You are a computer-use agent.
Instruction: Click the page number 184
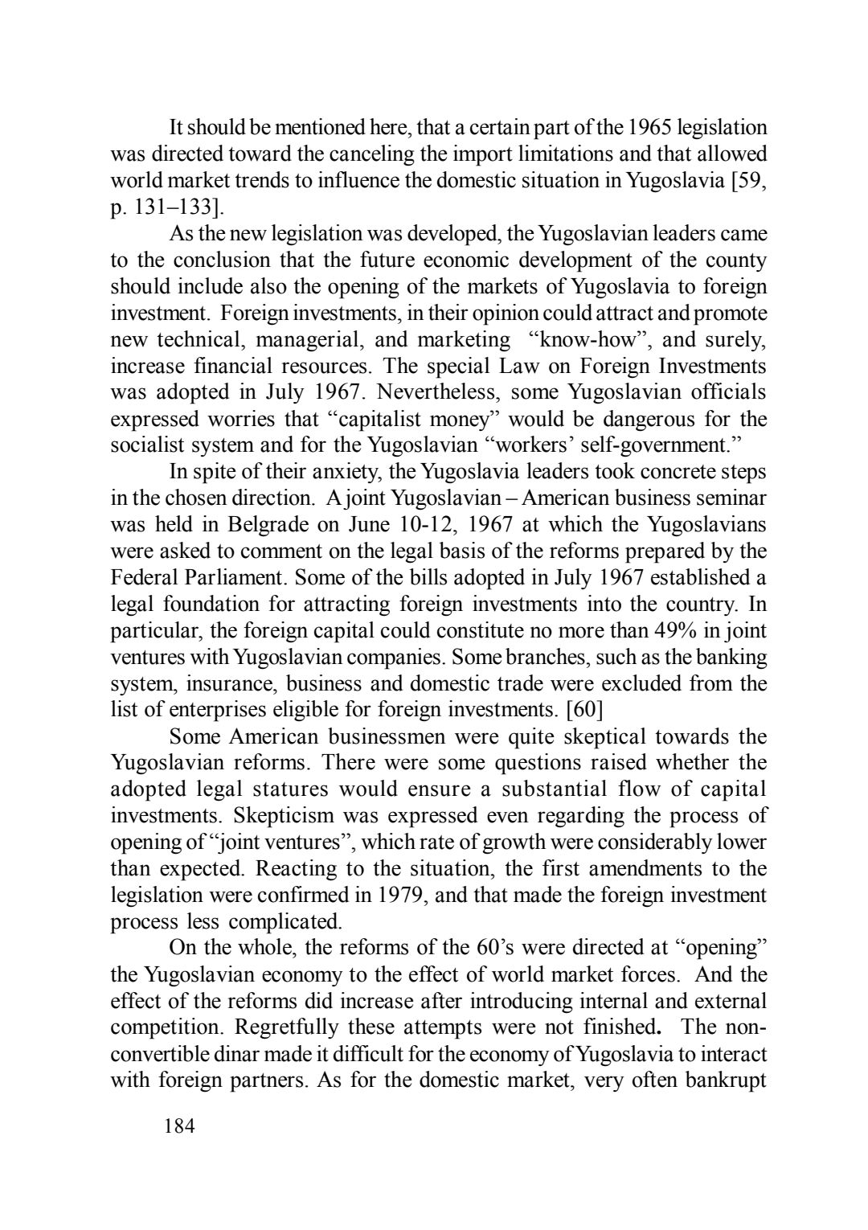[x=179, y=1125]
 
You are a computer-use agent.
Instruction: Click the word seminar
[x=731, y=498]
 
